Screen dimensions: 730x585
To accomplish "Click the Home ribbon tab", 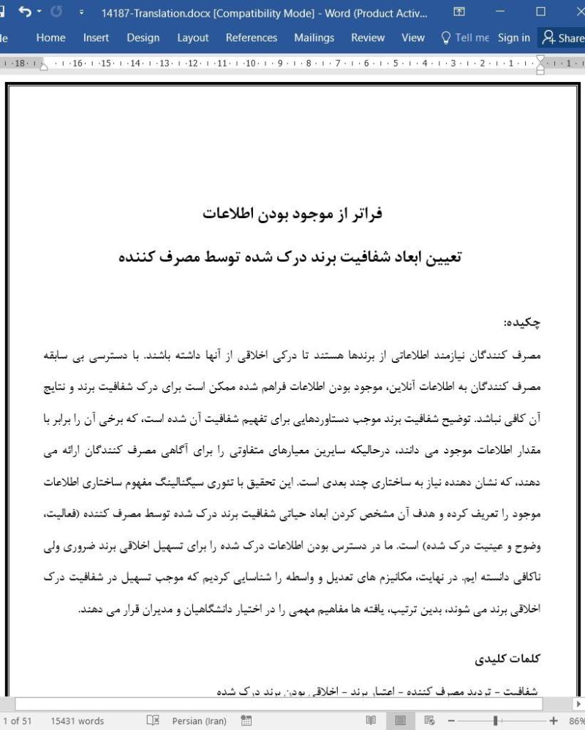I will [50, 37].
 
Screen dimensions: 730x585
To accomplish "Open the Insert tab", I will [96, 37].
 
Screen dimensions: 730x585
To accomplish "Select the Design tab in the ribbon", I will [143, 37].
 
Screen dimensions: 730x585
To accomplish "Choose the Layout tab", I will [192, 37].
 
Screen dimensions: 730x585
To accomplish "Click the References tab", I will [251, 37].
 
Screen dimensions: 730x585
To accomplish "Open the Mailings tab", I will [314, 37].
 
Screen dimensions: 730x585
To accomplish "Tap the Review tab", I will [367, 37].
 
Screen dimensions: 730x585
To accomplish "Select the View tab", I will [412, 37].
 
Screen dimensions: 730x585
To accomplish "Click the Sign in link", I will [513, 37].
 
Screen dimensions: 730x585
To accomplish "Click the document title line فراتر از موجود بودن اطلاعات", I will [292, 214].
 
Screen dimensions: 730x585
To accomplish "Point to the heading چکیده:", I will [522, 322].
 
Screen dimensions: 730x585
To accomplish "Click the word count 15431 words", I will [77, 720].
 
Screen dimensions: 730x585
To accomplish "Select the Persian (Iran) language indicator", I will [201, 720].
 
